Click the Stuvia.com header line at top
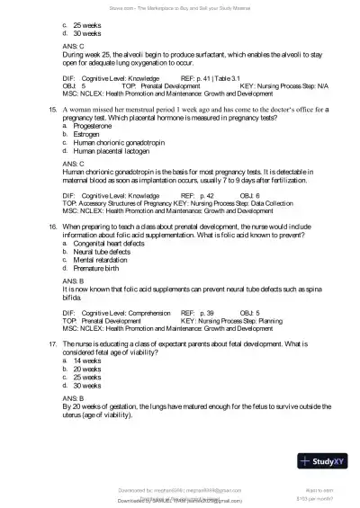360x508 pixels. pos(179,5)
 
